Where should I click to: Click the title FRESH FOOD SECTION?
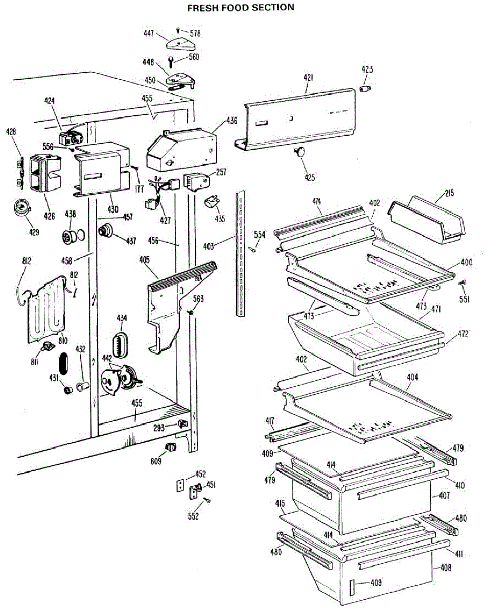coord(241,7)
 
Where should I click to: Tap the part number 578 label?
coord(195,34)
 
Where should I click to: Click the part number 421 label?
coord(309,78)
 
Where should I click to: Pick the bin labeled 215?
coord(426,220)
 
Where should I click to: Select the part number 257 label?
coord(221,172)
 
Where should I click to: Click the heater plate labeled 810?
coord(47,309)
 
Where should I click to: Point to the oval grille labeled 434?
coord(121,345)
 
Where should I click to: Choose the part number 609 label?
coord(156,461)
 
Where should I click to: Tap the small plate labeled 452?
coord(180,485)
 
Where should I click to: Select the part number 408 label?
coord(446,568)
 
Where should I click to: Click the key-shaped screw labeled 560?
coord(171,62)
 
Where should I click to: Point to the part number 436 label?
coord(232,121)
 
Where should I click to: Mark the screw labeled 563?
coord(190,313)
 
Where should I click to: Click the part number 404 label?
coord(412,377)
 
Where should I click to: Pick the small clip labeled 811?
coord(48,346)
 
